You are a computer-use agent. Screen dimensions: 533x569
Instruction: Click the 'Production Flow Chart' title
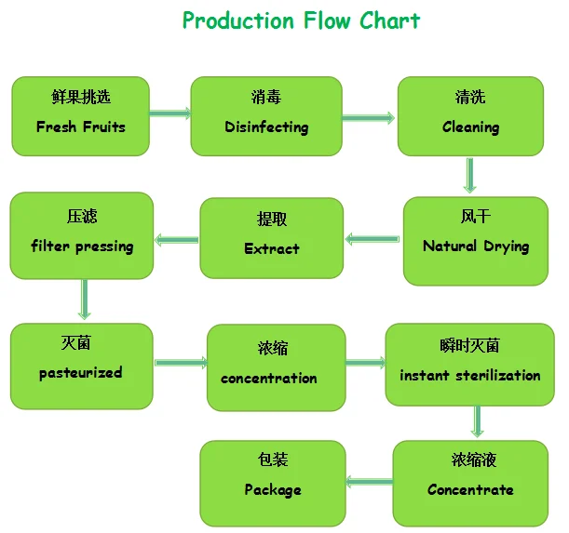pyautogui.click(x=300, y=20)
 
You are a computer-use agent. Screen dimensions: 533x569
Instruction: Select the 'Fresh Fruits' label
pyautogui.click(x=80, y=127)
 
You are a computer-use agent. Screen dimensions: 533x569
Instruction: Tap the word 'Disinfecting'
pyautogui.click(x=265, y=127)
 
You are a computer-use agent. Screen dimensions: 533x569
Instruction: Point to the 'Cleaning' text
pyautogui.click(x=470, y=127)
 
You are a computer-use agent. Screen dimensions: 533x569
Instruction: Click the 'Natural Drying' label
pyautogui.click(x=475, y=247)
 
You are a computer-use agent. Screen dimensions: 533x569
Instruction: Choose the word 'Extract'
pyautogui.click(x=271, y=248)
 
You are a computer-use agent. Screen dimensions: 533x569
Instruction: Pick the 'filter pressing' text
pyautogui.click(x=82, y=247)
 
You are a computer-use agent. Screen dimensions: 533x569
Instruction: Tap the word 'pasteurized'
pyautogui.click(x=80, y=373)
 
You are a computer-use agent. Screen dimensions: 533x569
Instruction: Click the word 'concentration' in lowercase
pyautogui.click(x=268, y=379)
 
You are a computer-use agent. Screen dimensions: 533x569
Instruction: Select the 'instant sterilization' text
pyautogui.click(x=469, y=376)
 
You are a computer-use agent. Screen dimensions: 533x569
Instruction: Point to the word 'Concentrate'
pyautogui.click(x=470, y=489)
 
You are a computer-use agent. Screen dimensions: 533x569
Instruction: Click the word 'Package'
pyautogui.click(x=272, y=489)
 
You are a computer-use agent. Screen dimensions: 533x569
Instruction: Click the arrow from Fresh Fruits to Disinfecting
pyautogui.click(x=170, y=113)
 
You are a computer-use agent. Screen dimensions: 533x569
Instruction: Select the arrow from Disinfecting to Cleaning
pyautogui.click(x=368, y=117)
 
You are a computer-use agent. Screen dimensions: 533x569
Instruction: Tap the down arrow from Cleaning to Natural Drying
pyautogui.click(x=471, y=175)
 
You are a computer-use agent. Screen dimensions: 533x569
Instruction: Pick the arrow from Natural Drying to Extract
pyautogui.click(x=373, y=239)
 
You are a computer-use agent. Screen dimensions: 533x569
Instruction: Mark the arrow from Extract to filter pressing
pyautogui.click(x=176, y=241)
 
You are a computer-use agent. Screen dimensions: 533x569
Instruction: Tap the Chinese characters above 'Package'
pyautogui.click(x=272, y=460)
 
